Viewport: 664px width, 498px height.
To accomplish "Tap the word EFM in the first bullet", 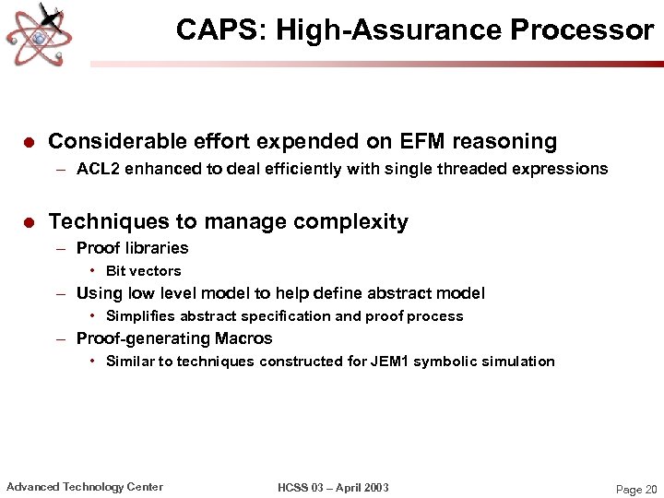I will click(x=424, y=141).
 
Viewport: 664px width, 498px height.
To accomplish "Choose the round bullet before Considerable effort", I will click(x=28, y=143).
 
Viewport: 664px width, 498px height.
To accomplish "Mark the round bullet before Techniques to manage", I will click(x=28, y=223).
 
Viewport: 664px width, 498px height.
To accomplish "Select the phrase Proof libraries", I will click(x=132, y=248).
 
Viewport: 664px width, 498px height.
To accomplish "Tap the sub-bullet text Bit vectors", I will click(x=143, y=271).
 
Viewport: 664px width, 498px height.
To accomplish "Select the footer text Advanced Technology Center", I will click(x=85, y=487).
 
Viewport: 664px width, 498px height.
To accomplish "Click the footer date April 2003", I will click(x=363, y=488).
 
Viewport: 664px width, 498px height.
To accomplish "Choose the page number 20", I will click(x=650, y=490).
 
